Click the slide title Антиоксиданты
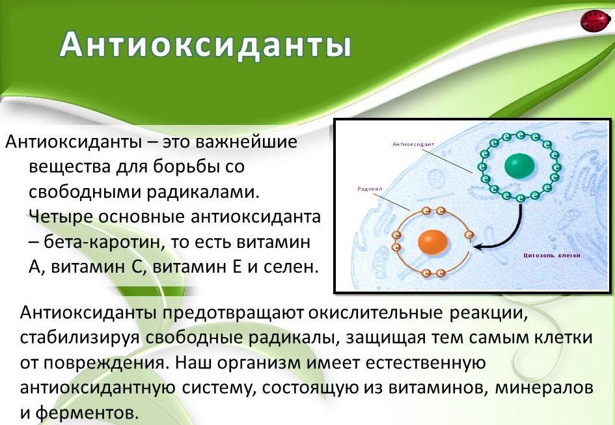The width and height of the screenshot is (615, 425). click(x=206, y=44)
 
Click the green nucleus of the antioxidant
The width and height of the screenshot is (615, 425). click(x=519, y=165)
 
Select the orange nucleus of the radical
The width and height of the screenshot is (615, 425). click(x=433, y=241)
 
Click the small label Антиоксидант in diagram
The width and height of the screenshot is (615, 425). click(x=413, y=144)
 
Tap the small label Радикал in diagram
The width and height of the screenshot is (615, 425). click(x=370, y=189)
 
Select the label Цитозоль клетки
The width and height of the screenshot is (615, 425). click(x=552, y=256)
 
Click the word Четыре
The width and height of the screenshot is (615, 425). click(x=61, y=217)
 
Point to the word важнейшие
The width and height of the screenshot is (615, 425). click(x=246, y=142)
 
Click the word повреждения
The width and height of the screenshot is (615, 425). click(x=103, y=363)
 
